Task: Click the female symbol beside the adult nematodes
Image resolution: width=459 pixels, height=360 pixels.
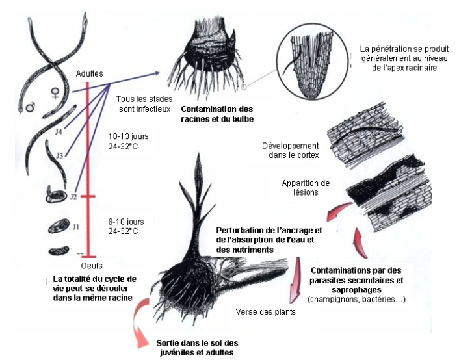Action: (55, 94)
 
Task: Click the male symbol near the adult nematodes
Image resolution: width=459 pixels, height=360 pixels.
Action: (30, 107)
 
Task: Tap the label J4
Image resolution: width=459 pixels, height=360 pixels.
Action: (59, 132)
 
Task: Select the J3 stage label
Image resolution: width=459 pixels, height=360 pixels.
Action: (59, 155)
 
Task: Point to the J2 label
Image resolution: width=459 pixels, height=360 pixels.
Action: (73, 197)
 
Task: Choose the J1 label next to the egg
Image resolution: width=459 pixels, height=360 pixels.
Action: (76, 227)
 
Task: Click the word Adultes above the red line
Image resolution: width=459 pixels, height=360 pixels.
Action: (89, 74)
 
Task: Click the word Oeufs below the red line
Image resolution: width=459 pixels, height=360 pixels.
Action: (92, 266)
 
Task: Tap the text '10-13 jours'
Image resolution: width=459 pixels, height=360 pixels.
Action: (128, 136)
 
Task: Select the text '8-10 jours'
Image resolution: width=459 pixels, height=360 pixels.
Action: (126, 222)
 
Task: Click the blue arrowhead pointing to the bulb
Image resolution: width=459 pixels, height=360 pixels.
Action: (156, 73)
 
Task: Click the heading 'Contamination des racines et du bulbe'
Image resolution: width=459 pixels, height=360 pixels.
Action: (217, 114)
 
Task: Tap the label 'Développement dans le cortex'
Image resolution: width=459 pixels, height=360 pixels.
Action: (291, 150)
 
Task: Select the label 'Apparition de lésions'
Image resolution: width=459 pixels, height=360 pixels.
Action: (306, 188)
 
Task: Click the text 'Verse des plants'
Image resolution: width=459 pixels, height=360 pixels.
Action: (265, 312)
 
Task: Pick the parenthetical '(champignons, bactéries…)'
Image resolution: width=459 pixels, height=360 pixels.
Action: (356, 300)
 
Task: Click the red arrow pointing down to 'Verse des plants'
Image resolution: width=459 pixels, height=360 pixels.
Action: (295, 280)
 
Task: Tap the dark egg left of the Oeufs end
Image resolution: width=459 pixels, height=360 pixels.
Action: (59, 251)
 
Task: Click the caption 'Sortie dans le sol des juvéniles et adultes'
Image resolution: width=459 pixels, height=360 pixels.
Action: (197, 348)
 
